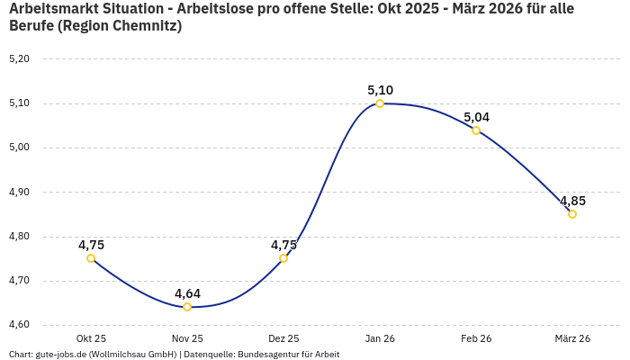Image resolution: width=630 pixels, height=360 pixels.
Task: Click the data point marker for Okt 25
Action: point(91,258)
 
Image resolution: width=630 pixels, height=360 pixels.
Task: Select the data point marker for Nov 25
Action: point(187,307)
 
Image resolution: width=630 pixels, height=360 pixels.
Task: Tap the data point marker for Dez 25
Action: point(283,258)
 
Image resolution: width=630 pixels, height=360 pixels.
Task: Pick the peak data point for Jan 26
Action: point(380,103)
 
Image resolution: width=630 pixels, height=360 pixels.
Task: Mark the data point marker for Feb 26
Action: point(476,130)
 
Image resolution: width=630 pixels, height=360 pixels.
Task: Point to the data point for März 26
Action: point(572,214)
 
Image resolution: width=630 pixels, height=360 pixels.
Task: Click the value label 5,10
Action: point(380,90)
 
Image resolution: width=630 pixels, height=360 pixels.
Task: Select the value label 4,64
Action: point(187,293)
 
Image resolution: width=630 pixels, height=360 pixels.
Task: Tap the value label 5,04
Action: point(476,117)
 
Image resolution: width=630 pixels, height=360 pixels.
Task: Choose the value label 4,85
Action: point(572,201)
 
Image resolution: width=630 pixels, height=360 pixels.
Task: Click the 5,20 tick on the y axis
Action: point(19,59)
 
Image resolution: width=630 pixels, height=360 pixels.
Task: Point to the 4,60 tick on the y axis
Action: point(19,325)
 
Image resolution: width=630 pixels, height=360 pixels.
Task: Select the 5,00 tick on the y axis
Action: point(19,148)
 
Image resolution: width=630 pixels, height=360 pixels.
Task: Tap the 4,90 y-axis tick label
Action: point(19,192)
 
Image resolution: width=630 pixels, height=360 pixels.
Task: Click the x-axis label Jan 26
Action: point(380,338)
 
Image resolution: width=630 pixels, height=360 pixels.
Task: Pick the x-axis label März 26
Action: point(572,338)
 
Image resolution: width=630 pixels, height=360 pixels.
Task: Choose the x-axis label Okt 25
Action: point(91,338)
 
